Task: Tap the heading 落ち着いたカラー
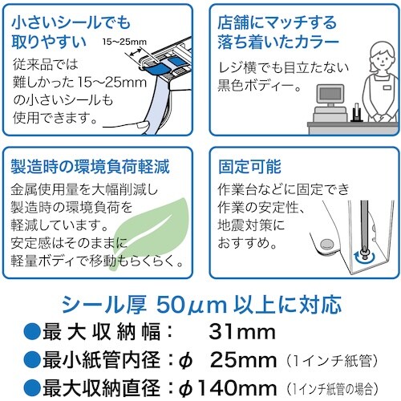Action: tap(273, 39)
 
